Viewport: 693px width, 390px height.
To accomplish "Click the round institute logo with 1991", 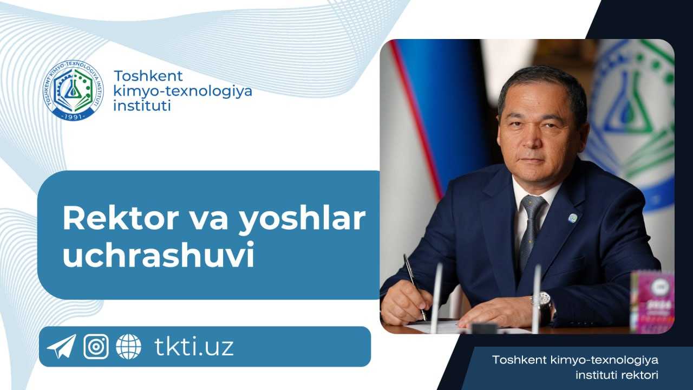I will click(x=73, y=90).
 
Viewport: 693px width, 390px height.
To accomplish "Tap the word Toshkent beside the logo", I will click(x=148, y=76).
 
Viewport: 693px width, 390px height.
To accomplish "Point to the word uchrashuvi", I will click(x=158, y=257).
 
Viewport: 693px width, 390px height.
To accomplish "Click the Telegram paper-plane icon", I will click(x=61, y=347).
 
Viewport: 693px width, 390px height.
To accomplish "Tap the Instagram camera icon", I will click(x=96, y=347).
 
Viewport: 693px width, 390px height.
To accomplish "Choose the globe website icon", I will click(x=128, y=347).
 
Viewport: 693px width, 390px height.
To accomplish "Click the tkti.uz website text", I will click(x=194, y=347).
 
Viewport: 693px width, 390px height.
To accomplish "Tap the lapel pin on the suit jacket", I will click(x=572, y=218).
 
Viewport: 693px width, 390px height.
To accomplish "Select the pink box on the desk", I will click(x=652, y=301).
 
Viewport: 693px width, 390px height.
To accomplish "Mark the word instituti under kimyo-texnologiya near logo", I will click(x=142, y=105).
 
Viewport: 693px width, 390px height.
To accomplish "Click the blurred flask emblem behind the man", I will click(x=633, y=108).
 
